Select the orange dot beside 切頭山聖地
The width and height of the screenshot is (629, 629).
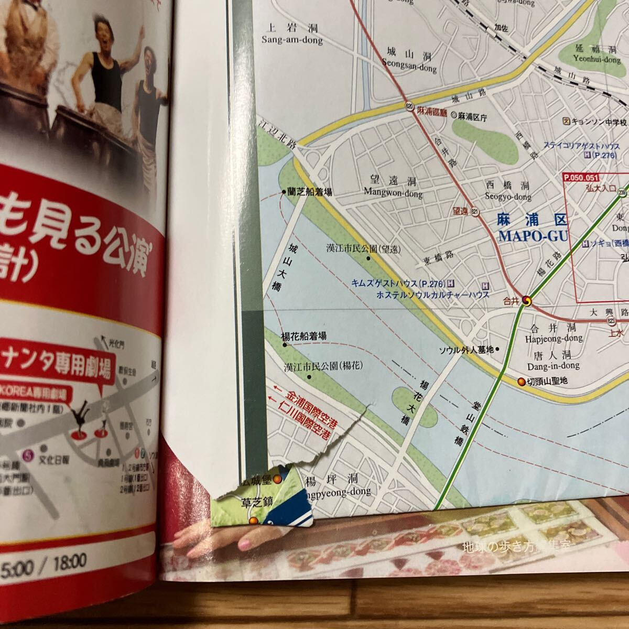521,382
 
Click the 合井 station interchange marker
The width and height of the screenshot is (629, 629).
526,301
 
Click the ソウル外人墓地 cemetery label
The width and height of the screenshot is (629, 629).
466,350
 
